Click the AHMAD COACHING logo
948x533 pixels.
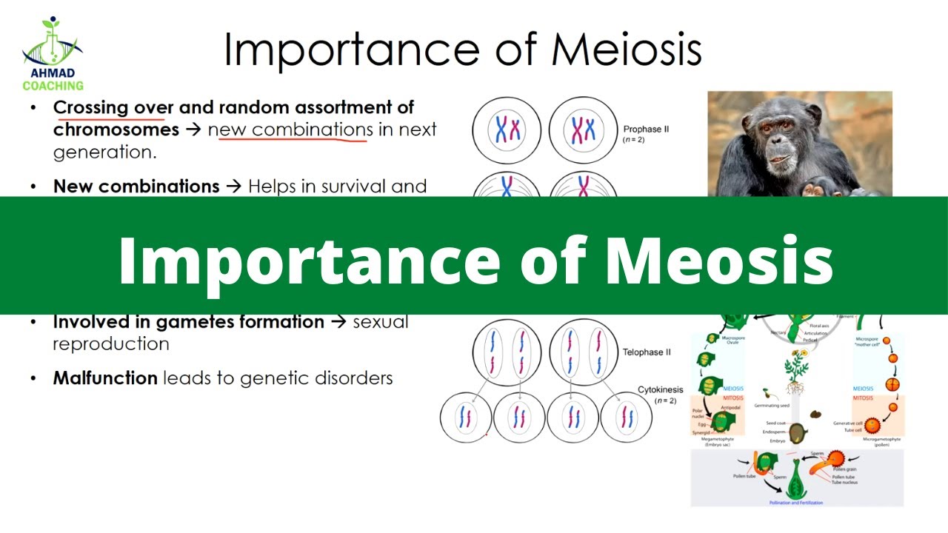[x=53, y=56]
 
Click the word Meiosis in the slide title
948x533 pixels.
[x=626, y=50]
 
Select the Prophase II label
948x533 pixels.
[x=646, y=129]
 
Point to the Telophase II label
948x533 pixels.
[x=646, y=352]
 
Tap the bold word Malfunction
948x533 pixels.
[x=105, y=378]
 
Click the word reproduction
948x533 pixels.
[x=111, y=344]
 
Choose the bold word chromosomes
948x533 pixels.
[x=116, y=130]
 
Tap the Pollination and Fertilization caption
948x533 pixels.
[x=796, y=503]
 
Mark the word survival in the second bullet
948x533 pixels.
[x=341, y=186]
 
